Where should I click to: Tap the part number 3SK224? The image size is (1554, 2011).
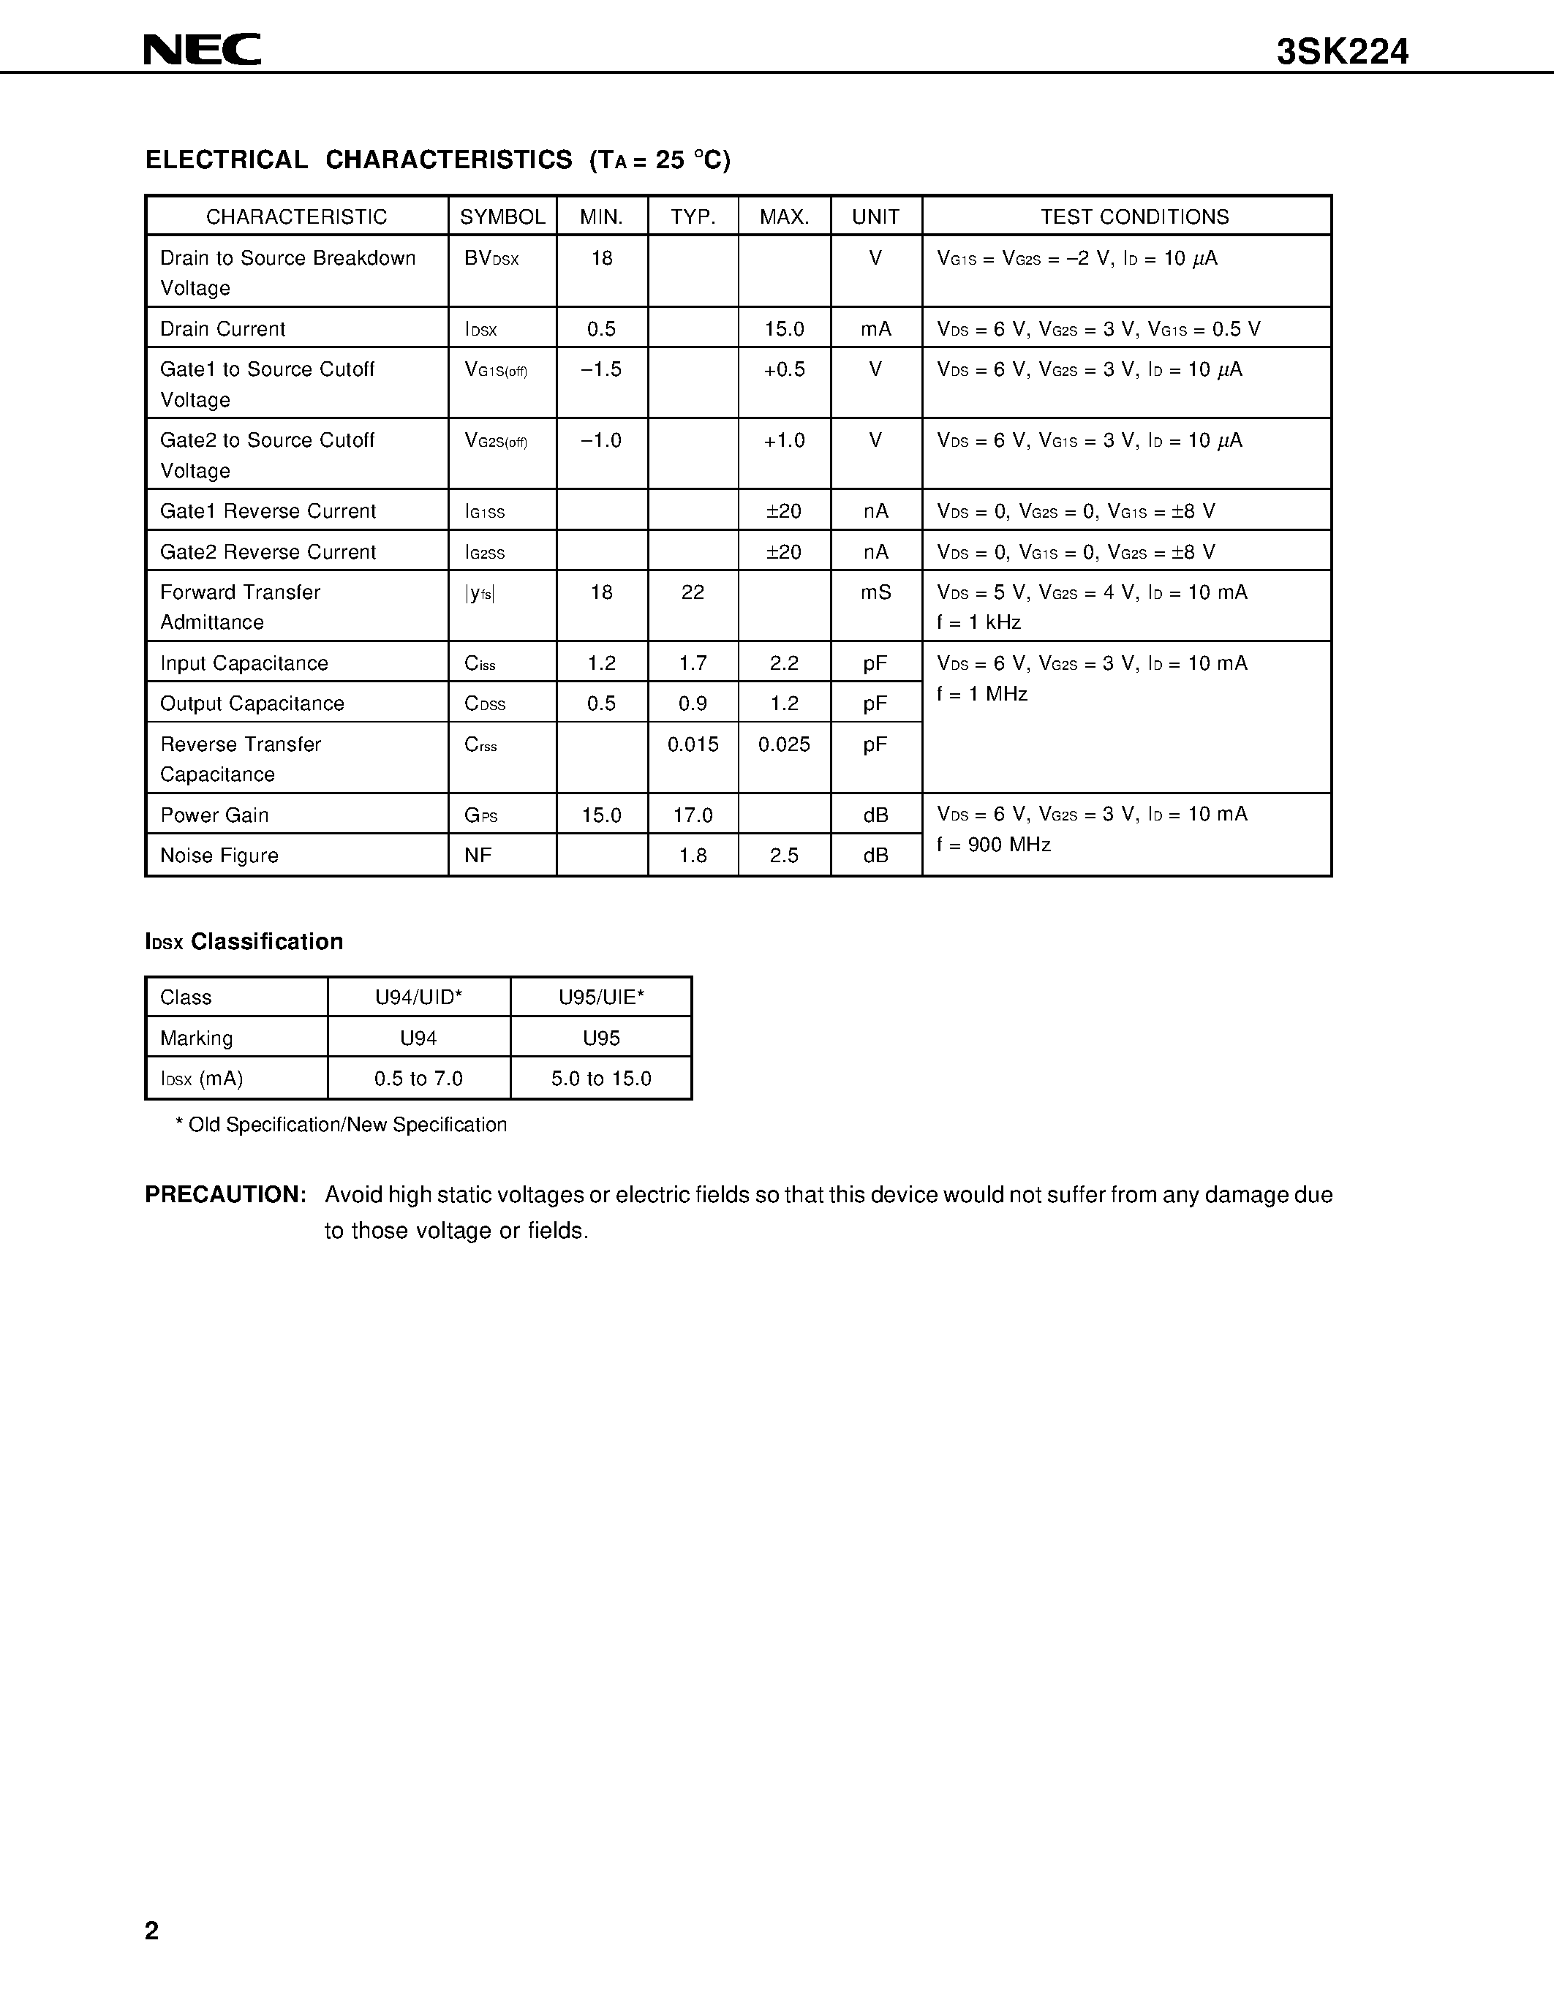point(1341,53)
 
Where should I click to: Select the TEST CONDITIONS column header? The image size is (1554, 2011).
point(1134,216)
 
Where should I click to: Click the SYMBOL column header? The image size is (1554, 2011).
point(502,216)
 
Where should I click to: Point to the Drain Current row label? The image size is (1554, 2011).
point(223,329)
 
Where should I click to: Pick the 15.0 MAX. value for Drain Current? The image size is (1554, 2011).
point(785,329)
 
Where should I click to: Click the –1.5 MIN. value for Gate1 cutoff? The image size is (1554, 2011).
point(601,369)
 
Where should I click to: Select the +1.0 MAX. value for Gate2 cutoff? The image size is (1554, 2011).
point(785,440)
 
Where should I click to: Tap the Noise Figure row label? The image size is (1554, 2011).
point(219,856)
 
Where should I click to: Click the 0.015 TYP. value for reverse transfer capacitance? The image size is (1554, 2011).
point(693,744)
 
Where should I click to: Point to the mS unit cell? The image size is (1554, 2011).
point(875,592)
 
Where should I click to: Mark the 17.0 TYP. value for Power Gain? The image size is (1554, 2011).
point(693,815)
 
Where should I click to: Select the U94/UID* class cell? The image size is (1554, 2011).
point(418,997)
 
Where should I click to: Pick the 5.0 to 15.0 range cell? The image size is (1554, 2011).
point(601,1078)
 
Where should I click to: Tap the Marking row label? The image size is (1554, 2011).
point(196,1038)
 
